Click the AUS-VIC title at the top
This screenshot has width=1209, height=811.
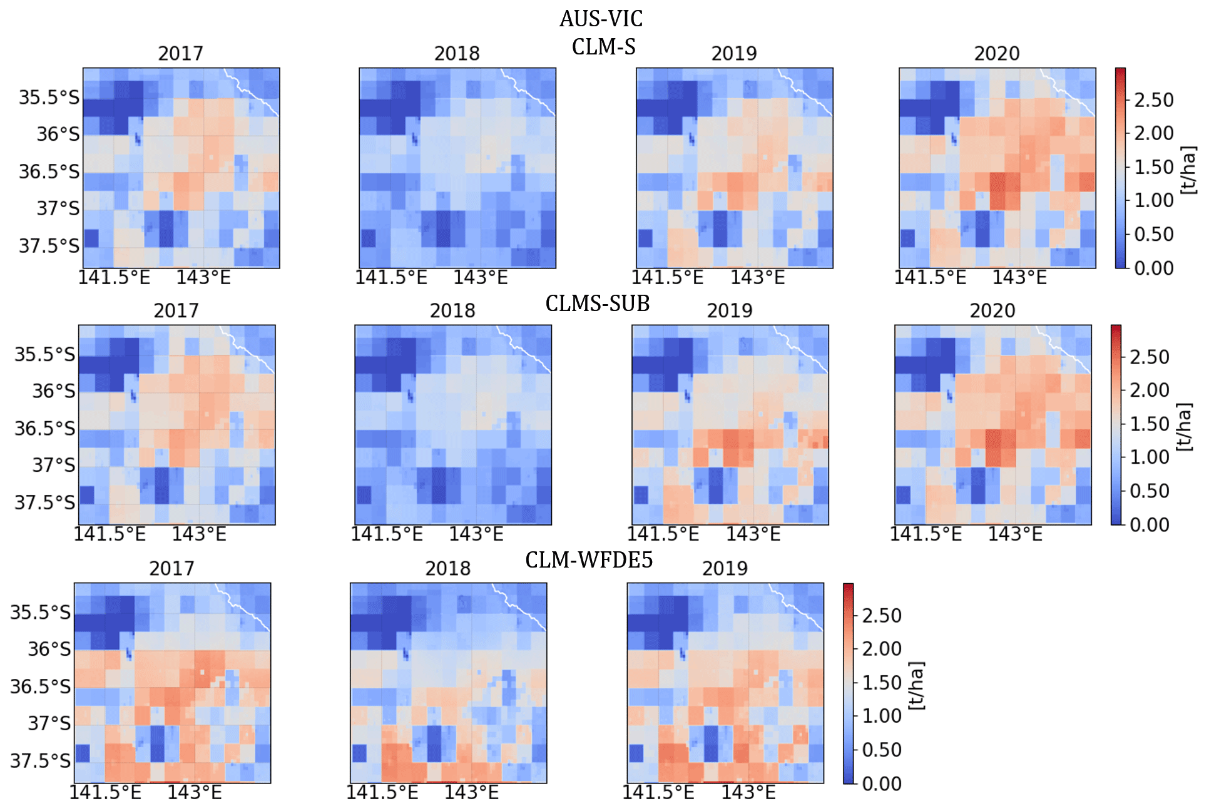[601, 19]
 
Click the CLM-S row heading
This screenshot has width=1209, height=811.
[603, 47]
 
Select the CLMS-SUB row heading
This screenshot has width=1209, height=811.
[598, 303]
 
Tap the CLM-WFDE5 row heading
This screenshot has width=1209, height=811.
[589, 560]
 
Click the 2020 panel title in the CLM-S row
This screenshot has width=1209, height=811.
[997, 54]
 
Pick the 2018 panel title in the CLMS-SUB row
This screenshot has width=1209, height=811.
[452, 311]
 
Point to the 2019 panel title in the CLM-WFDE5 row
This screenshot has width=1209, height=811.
[725, 569]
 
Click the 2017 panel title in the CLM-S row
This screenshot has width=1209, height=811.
[180, 54]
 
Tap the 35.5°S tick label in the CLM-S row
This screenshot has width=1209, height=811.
[49, 98]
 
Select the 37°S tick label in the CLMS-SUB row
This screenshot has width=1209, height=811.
[54, 466]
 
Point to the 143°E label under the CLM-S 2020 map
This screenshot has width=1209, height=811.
[1019, 277]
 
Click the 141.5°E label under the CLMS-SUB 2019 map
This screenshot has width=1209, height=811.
[663, 534]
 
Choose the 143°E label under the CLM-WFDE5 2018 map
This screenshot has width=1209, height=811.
[471, 793]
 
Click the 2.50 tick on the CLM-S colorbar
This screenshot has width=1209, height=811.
[1154, 100]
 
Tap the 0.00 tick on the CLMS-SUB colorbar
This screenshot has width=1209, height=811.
[1150, 524]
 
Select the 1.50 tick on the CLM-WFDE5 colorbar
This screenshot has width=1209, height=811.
[882, 683]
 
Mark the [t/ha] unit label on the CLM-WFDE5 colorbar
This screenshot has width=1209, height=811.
[916, 685]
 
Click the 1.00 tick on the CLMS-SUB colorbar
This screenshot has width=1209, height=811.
[1150, 457]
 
